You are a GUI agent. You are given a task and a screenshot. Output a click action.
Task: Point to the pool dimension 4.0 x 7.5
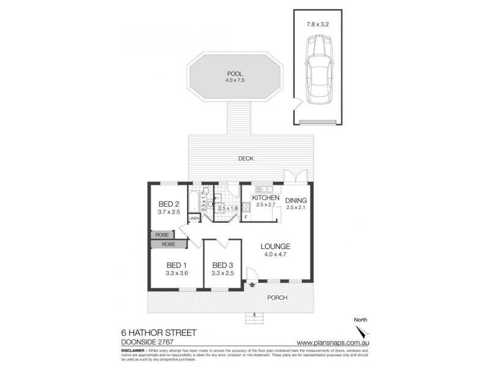pos(235,80)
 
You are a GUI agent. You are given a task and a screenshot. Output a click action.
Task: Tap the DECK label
pos(247,158)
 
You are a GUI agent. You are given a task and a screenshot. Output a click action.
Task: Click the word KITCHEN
pos(265,199)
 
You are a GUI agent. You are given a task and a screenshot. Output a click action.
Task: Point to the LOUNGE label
pos(277,247)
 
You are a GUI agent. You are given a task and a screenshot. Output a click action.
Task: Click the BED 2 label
pos(168,204)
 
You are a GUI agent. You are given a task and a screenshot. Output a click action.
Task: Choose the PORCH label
pos(277,298)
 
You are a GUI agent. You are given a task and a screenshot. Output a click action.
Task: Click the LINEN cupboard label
pos(194,218)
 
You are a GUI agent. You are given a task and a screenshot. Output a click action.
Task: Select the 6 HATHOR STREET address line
pos(158,333)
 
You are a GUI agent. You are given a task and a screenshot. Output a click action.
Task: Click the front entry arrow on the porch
pos(252,284)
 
